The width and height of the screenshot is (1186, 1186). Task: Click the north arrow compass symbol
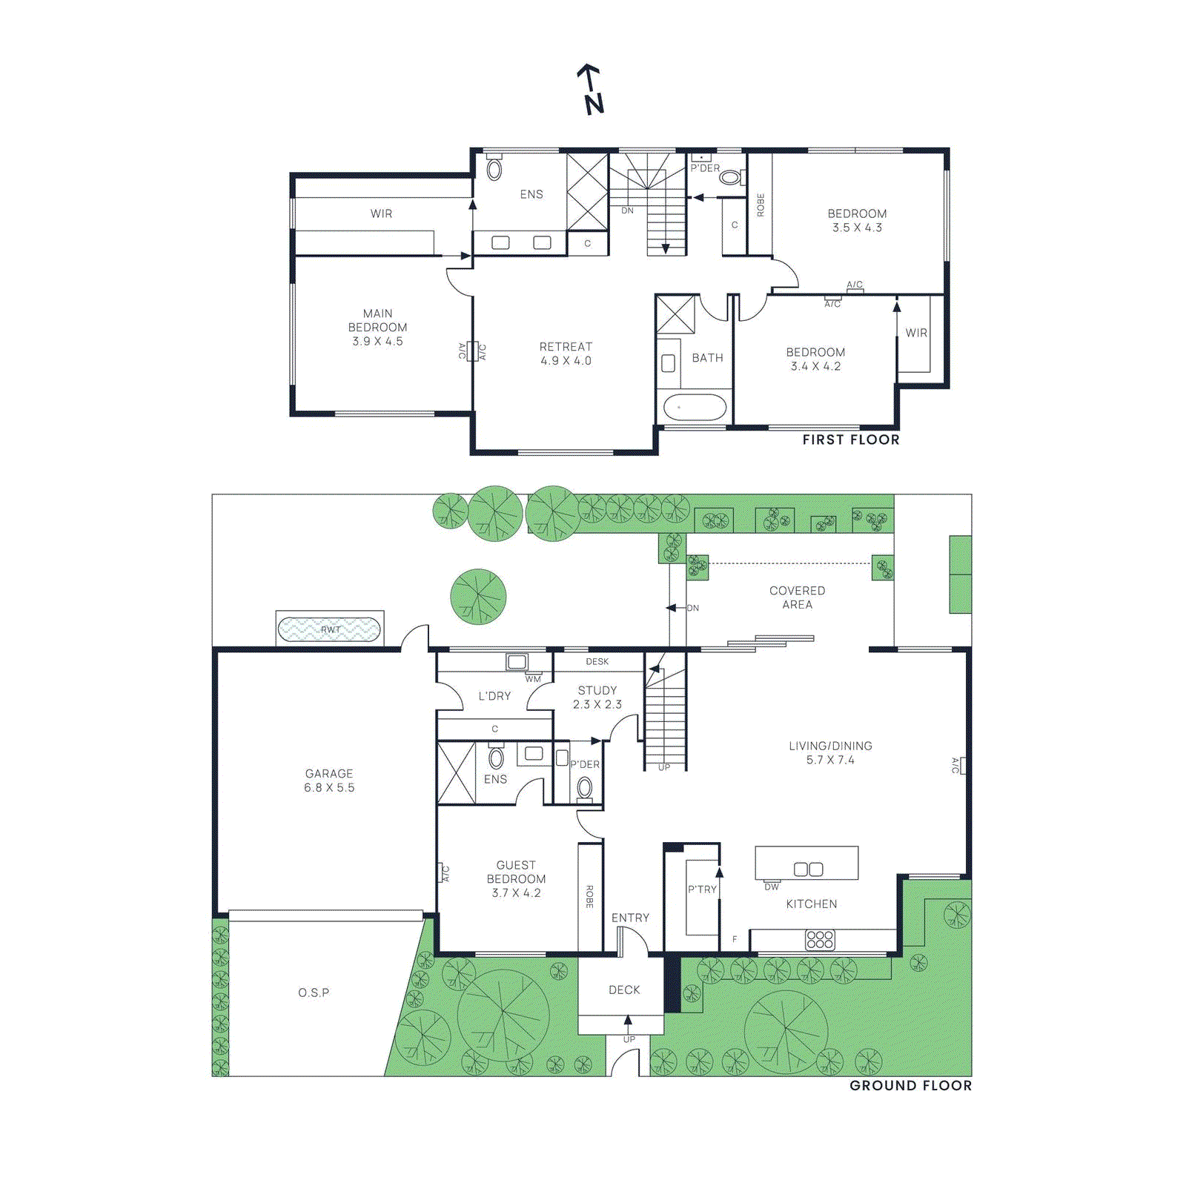pos(592,89)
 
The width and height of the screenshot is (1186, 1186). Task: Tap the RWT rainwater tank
pos(329,630)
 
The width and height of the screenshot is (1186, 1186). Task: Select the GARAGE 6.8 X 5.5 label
pos(329,781)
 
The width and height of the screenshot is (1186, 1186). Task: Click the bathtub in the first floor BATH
pos(695,408)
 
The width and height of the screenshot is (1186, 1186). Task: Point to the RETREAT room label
pos(566,354)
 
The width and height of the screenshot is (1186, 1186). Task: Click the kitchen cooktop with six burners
pos(820,940)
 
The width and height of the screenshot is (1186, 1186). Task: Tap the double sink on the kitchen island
pos(808,869)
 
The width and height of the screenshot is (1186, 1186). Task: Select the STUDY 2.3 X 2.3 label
pos(597,698)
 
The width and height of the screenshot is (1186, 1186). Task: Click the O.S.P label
pos(314,993)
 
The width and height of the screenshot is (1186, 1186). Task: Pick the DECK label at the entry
pos(624,990)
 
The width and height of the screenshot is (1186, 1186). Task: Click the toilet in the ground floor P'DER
pos(585,787)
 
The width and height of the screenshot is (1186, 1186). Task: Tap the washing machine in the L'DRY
pos(517,662)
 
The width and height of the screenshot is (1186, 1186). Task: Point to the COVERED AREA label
pos(797,597)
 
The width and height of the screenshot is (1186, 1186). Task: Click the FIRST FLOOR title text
pos(851,440)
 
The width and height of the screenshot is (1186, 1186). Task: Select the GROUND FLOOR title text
pos(910,1085)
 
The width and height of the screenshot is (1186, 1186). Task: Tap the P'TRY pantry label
pos(702,889)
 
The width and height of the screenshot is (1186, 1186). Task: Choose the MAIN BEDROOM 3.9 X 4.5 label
pos(377,327)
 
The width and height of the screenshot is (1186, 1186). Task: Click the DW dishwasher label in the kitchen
pos(772,887)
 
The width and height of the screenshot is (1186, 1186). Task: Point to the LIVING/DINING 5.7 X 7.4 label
pos(830,752)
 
